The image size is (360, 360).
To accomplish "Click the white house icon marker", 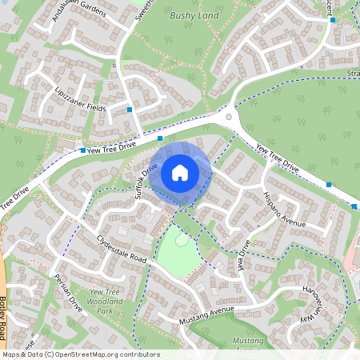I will (x=180, y=172).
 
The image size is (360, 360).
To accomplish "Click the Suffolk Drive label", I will (x=146, y=181).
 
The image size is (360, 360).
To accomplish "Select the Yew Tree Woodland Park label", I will (x=106, y=301).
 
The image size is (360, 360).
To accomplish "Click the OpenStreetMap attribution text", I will (x=80, y=354).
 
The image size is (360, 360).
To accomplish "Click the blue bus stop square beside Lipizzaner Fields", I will (x=130, y=109).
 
